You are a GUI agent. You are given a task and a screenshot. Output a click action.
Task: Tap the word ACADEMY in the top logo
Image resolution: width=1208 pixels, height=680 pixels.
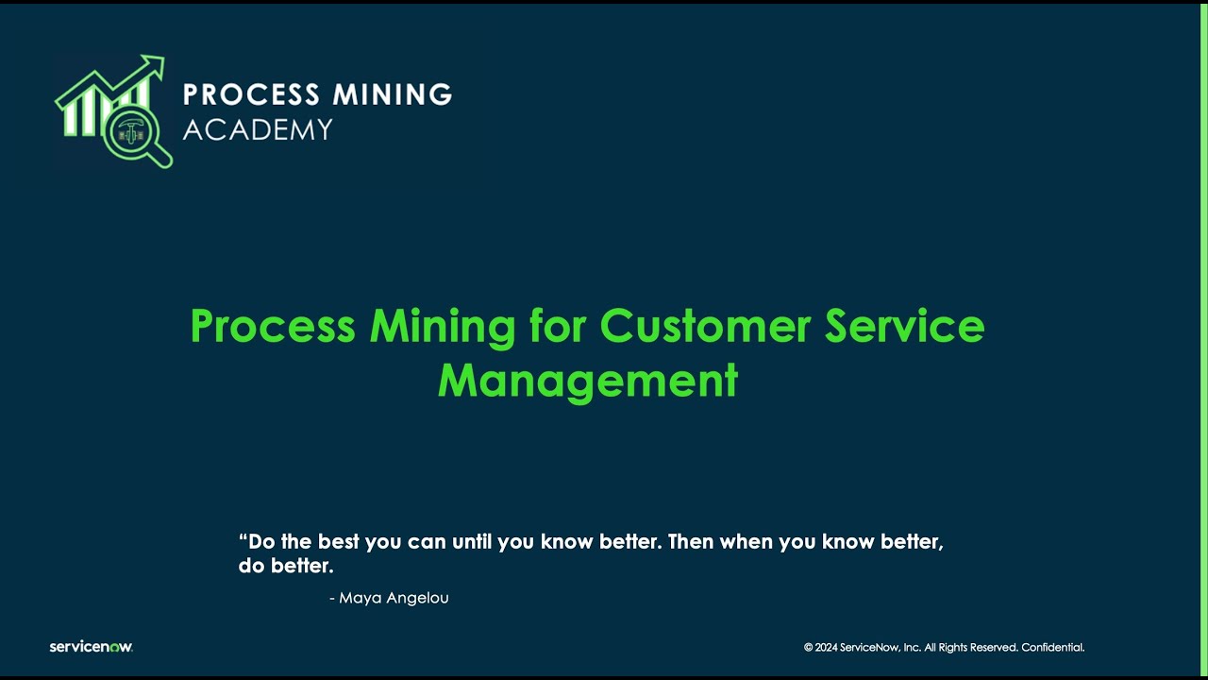(x=258, y=129)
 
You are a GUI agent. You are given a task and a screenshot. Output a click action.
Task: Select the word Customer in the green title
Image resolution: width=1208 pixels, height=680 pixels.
(x=705, y=326)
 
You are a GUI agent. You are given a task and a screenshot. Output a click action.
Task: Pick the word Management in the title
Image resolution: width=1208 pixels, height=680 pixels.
(x=587, y=381)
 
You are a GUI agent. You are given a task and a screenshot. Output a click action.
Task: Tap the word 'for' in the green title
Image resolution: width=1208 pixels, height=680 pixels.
(x=557, y=326)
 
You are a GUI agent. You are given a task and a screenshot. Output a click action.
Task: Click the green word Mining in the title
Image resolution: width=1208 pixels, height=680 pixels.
(x=442, y=326)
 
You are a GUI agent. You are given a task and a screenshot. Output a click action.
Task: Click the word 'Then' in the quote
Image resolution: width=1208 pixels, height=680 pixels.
(x=691, y=542)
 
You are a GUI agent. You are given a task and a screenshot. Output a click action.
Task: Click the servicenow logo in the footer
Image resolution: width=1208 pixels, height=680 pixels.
(x=91, y=647)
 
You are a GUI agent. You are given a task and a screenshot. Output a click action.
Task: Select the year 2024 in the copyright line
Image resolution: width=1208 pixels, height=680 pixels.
(x=826, y=648)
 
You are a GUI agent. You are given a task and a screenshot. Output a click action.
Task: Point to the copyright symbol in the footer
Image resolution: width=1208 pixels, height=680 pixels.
(x=808, y=648)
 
